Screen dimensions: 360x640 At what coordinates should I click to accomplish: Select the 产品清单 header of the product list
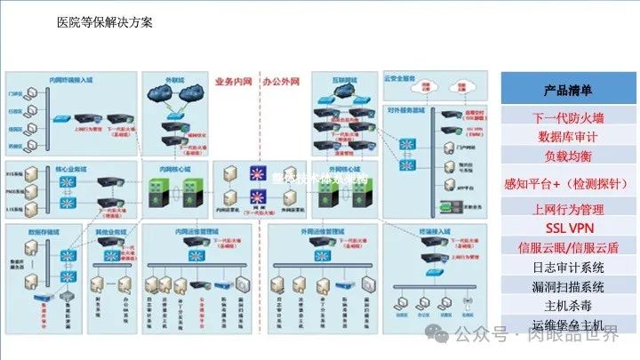(568, 91)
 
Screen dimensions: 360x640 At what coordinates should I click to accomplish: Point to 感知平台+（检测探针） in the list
(568, 183)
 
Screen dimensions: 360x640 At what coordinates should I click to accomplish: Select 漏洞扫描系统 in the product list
(568, 286)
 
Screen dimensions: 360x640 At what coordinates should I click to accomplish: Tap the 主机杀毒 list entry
(568, 305)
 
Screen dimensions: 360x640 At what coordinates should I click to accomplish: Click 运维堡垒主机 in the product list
(568, 324)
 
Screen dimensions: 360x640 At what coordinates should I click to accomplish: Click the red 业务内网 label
(232, 81)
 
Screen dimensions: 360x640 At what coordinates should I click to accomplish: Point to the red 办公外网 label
(281, 81)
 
